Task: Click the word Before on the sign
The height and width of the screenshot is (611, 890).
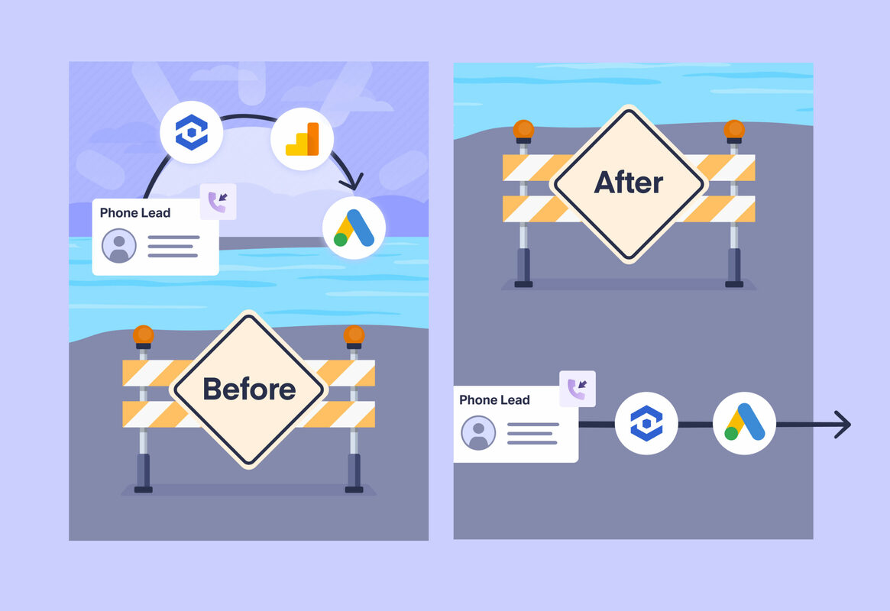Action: [249, 389]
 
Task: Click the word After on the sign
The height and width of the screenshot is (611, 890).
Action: [628, 183]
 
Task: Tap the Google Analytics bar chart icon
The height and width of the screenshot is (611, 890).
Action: [302, 139]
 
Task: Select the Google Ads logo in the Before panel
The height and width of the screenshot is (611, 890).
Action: [354, 228]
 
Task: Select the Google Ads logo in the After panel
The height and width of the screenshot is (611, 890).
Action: [744, 423]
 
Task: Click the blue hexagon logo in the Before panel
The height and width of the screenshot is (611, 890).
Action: [191, 133]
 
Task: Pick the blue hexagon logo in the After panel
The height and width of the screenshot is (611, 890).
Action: [646, 423]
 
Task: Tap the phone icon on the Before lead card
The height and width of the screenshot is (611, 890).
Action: [218, 202]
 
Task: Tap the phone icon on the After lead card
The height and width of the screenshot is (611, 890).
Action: [577, 389]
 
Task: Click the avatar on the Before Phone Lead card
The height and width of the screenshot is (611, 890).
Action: [118, 246]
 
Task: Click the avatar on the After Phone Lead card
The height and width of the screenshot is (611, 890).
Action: [478, 433]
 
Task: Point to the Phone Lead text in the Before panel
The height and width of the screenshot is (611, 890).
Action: [135, 212]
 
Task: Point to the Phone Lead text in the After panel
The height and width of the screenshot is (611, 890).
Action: [494, 399]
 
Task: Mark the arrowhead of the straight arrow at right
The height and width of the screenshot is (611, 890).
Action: [842, 424]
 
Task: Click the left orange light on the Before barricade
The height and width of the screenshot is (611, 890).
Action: [143, 335]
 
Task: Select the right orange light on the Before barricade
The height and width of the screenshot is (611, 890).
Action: [354, 335]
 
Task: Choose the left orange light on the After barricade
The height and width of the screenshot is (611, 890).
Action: [523, 129]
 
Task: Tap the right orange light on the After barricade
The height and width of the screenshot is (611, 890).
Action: [734, 129]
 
